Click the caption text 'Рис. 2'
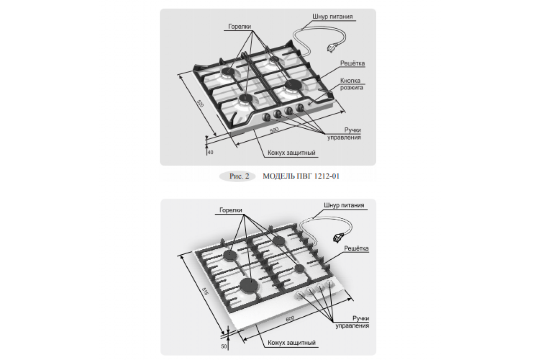coord(239,176)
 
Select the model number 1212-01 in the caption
coord(323,176)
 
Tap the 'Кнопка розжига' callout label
coord(351,84)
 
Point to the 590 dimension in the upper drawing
coord(274,130)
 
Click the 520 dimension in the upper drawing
coord(200,103)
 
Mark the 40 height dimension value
coord(211,153)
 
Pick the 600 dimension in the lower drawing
coord(290,319)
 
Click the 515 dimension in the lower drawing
coord(205,292)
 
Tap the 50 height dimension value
coord(224,346)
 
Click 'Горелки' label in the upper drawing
coord(239,27)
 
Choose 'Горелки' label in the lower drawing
coord(231,210)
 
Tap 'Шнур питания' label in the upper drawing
coord(333,17)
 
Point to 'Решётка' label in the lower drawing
coord(356,248)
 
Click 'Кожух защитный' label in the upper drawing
coord(292,153)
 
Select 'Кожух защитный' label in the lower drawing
coord(292,342)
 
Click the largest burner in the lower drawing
coord(249,285)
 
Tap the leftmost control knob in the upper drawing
coord(266,117)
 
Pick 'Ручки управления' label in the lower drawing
coord(352,322)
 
